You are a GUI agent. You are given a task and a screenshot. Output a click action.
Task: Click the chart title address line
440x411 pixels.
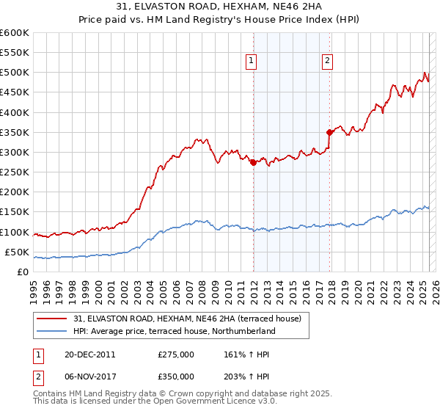[220, 7]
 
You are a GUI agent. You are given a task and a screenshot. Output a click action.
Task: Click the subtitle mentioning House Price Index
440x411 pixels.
[220, 20]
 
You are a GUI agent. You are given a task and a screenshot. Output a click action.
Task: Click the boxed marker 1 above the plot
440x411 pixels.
[252, 61]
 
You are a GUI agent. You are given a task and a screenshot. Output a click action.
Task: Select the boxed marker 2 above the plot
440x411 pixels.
[327, 61]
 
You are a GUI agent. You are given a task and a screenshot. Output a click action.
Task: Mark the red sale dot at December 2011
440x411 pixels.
[253, 163]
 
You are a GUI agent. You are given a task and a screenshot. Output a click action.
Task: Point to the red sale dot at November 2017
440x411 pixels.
[329, 133]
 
